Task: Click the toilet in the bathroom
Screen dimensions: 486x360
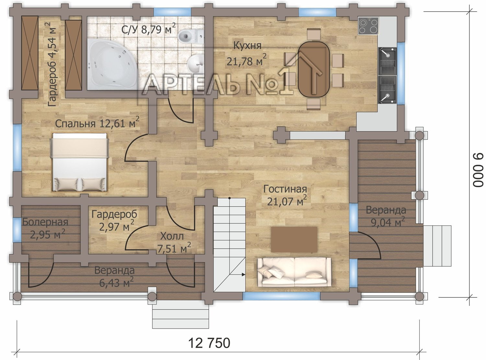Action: point(191,36)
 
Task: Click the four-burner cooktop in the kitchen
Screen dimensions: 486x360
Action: point(368,26)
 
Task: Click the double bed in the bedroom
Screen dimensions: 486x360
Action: point(80,162)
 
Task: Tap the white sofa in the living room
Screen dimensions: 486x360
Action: point(294,272)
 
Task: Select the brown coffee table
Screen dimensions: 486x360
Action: point(294,240)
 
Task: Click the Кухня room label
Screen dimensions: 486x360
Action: point(248,46)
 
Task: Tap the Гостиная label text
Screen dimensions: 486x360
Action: point(285,189)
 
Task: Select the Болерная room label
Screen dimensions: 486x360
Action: point(45,222)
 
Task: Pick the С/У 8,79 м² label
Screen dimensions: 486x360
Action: point(149,29)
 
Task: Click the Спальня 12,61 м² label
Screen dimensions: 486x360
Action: point(97,123)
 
